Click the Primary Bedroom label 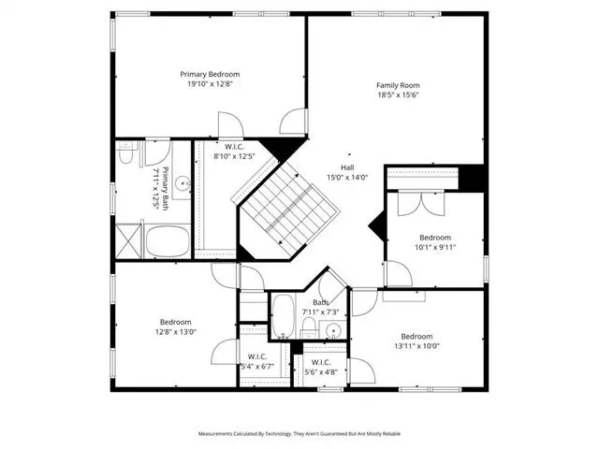210,74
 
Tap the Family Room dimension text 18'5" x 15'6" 398,95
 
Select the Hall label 347,167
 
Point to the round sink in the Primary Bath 183,183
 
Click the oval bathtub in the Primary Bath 168,241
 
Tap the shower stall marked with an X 128,241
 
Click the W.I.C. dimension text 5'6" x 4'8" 321,372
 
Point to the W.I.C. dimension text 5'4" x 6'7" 257,367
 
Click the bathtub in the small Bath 284,316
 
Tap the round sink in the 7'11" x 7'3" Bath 333,330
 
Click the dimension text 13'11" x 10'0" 417,346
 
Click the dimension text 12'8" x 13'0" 176,332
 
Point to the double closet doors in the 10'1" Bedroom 421,203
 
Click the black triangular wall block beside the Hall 378,226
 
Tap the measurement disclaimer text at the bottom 299,434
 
